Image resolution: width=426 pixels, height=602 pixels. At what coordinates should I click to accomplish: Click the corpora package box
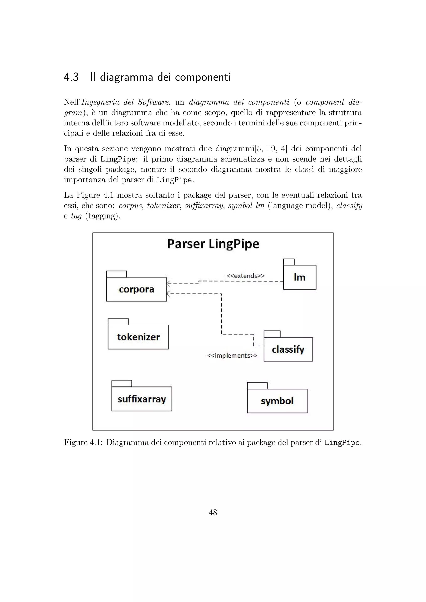click(x=136, y=289)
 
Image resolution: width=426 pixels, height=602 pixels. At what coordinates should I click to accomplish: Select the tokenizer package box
click(x=138, y=337)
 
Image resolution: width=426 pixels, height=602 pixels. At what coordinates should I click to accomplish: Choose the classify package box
click(x=288, y=349)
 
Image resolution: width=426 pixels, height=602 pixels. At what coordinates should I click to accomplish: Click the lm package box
click(x=300, y=277)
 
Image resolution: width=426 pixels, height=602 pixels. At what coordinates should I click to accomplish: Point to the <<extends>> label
click(x=245, y=276)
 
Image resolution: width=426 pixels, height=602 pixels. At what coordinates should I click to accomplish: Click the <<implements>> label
click(x=232, y=355)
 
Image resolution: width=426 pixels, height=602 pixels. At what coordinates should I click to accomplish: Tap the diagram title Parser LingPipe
click(x=213, y=244)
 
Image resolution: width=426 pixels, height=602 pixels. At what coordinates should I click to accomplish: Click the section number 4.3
click(x=71, y=77)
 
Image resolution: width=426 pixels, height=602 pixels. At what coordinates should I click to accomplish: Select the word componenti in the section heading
click(x=203, y=77)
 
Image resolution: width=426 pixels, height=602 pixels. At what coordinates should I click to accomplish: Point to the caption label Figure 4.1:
click(x=83, y=443)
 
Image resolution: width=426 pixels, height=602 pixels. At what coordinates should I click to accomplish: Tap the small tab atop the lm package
click(x=289, y=262)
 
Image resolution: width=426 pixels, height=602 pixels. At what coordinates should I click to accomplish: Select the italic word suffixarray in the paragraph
click(x=204, y=206)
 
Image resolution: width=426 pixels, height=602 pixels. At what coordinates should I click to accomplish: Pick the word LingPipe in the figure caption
click(x=342, y=443)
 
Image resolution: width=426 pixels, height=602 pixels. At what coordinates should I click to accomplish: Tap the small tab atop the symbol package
click(x=257, y=385)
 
